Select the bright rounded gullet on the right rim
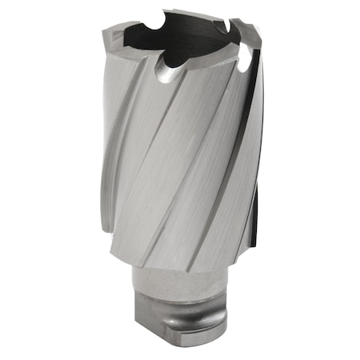[x=246, y=54]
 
